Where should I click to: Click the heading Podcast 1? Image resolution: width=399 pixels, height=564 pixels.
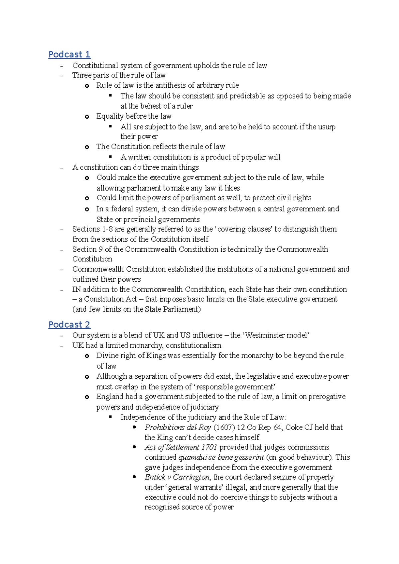click(x=69, y=54)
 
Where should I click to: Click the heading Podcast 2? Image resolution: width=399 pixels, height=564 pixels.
click(x=69, y=325)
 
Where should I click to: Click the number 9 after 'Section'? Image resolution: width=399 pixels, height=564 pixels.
click(x=100, y=249)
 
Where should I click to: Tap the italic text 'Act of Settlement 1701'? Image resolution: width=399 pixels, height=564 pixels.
click(x=181, y=447)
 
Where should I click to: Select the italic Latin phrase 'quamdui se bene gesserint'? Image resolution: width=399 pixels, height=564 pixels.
click(x=221, y=457)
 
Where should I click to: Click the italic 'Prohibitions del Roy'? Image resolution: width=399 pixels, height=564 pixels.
click(x=178, y=427)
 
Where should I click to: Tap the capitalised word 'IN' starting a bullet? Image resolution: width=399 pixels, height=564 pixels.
click(x=77, y=289)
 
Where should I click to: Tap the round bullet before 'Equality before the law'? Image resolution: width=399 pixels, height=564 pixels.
click(x=87, y=117)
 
